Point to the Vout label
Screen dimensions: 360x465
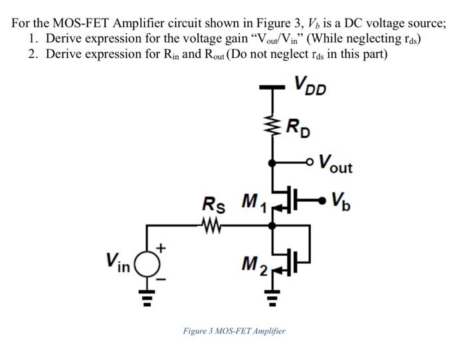[335, 163]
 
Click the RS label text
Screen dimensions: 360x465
[213, 205]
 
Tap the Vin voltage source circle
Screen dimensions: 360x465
[147, 264]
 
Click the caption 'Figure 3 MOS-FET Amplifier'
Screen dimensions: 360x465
[234, 330]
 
